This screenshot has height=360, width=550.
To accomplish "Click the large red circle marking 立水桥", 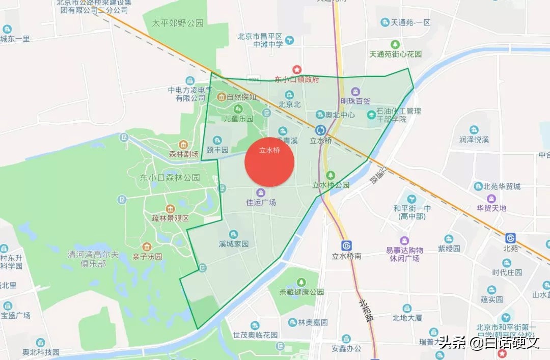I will coord(269,162).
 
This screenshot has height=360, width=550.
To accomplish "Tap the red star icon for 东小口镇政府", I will coord(296,69).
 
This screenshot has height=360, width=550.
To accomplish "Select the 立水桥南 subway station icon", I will coord(347,245).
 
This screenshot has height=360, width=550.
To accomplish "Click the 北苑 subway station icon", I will coord(510,238).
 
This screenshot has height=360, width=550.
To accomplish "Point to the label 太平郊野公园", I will coord(177,23).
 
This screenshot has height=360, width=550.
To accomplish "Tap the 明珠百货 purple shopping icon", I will coord(355,92).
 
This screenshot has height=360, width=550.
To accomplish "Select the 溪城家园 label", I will coord(233,244).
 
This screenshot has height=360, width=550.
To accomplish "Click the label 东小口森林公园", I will coord(170,178).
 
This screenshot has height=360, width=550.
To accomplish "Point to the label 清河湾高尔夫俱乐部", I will coord(87,258).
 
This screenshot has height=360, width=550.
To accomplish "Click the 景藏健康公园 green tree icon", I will coord(301,282).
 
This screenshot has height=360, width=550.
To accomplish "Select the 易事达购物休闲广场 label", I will coord(404,254).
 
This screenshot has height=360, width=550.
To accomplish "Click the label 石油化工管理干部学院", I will coord(398,115).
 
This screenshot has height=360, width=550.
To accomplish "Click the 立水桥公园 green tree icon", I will coord(331,175).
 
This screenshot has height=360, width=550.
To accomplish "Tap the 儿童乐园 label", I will coord(239,119).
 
